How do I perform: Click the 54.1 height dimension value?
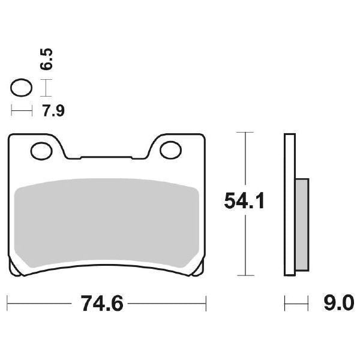pyautogui.click(x=244, y=201)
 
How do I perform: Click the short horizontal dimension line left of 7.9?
pyautogui.click(x=21, y=110)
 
